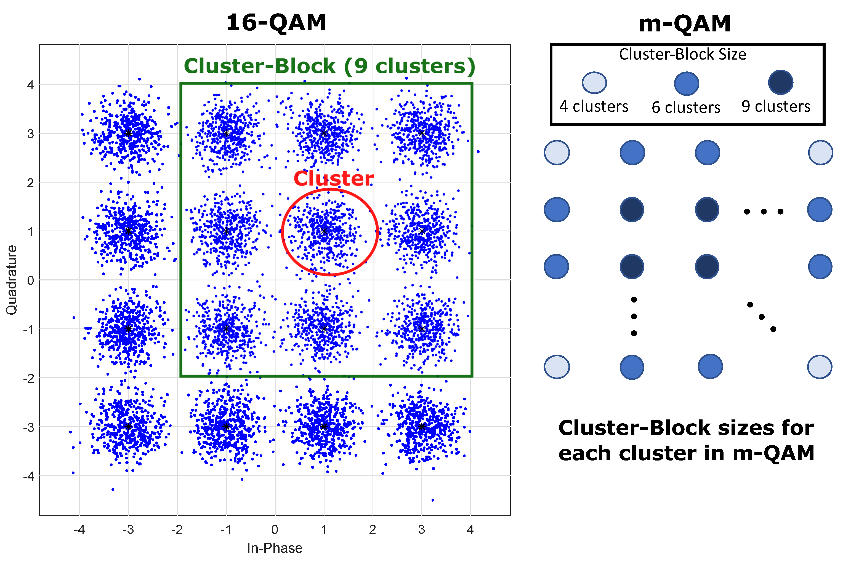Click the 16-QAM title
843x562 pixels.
(x=276, y=23)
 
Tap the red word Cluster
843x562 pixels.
(x=333, y=178)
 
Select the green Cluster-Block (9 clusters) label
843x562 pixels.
(x=329, y=66)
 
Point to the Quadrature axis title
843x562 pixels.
(x=12, y=280)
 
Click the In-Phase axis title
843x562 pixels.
(x=275, y=548)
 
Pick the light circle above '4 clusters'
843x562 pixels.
(x=594, y=82)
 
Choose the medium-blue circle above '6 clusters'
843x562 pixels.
(x=686, y=84)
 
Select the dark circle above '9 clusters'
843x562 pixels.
(x=780, y=82)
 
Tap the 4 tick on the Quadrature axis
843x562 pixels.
(x=30, y=85)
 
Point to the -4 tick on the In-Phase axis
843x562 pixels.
(x=79, y=529)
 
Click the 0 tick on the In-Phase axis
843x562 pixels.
(x=275, y=529)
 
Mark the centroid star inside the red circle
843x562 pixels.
(x=324, y=231)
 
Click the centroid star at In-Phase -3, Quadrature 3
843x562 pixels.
(x=128, y=133)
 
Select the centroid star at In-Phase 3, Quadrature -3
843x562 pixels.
(x=422, y=427)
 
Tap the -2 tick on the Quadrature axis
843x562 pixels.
(x=29, y=378)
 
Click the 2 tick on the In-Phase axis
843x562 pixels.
(x=373, y=529)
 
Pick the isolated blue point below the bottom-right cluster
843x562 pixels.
(x=433, y=500)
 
